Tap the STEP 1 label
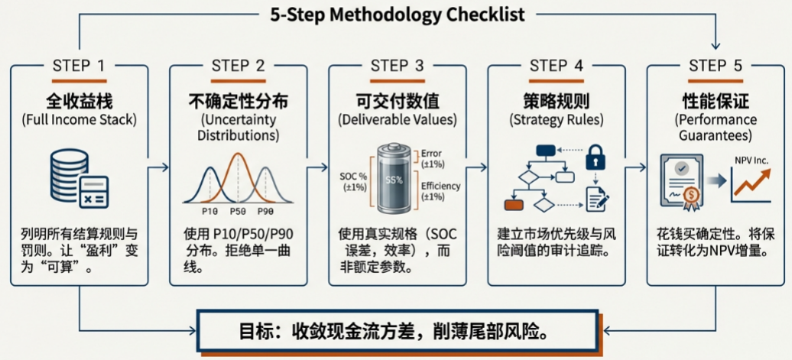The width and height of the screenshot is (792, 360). point(79,66)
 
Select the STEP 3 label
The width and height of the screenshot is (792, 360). point(397,66)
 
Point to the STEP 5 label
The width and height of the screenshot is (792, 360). point(715,66)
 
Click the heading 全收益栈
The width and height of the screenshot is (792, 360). point(79,100)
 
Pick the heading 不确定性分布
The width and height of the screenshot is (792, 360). point(238,100)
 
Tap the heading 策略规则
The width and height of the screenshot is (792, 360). point(556,100)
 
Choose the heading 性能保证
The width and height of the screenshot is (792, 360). point(715,100)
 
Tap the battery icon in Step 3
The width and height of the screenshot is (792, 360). point(393,180)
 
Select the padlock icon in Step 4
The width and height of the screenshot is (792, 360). point(596,157)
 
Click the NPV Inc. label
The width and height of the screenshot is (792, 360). point(751,161)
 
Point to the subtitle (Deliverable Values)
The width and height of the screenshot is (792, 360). point(397,120)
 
